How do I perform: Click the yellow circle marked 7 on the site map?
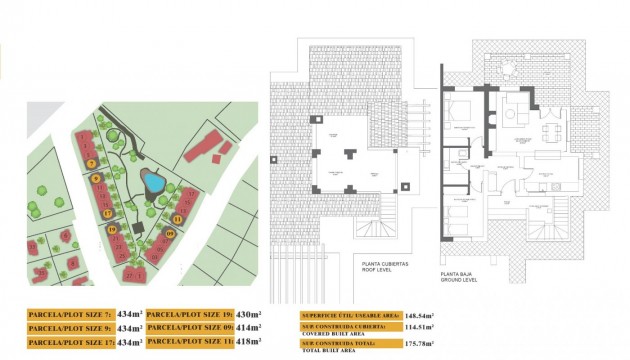[x=91, y=162]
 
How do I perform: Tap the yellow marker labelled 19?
[x=113, y=232]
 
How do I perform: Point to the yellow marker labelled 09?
[x=169, y=233]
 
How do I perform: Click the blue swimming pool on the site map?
[x=152, y=183]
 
